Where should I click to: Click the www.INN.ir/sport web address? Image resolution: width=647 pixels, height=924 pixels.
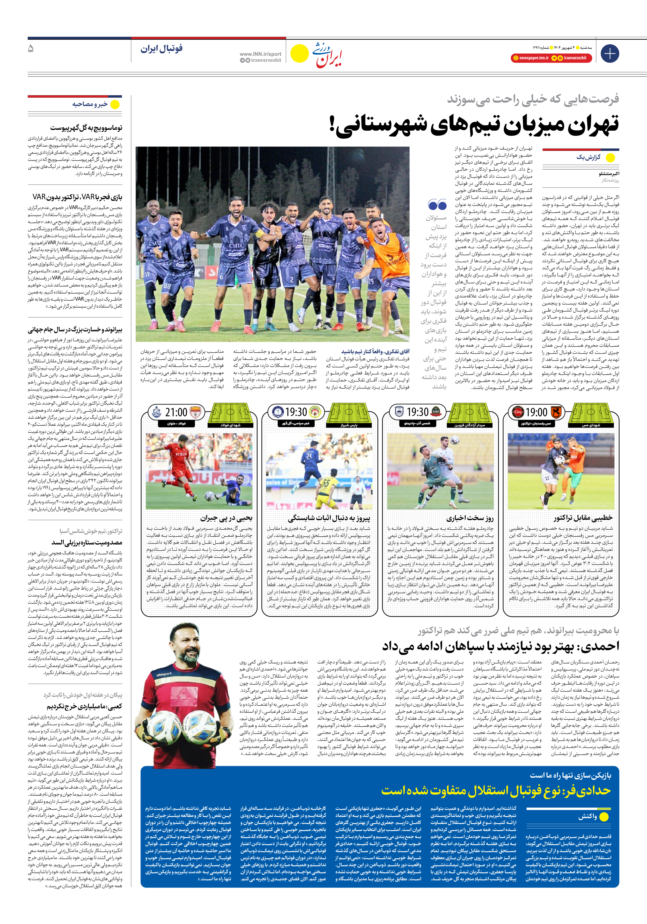260,54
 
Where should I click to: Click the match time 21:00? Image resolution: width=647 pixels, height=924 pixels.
176,412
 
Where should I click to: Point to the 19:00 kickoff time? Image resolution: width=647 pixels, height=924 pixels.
536,412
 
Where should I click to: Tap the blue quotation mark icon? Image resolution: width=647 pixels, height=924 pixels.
437,205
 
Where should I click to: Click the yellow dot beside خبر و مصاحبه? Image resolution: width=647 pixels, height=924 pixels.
115,105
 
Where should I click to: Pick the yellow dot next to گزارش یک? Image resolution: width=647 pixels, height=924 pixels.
610,158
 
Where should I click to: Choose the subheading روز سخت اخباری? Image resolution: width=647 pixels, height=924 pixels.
469,518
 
